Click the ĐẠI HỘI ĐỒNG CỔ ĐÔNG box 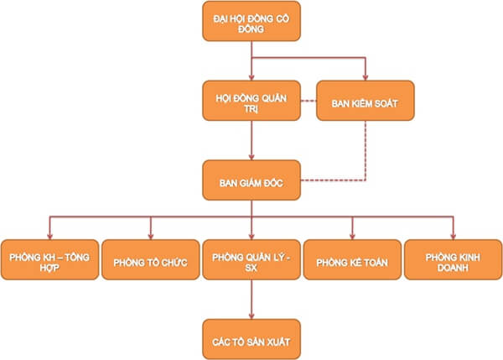pyautogui.click(x=251, y=21)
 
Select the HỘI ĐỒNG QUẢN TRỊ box pyautogui.click(x=251, y=102)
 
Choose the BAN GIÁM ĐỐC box pyautogui.click(x=251, y=180)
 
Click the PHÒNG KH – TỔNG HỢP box pyautogui.click(x=49, y=259)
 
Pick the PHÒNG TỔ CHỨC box pyautogui.click(x=150, y=260)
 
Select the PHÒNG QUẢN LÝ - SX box pyautogui.click(x=251, y=259)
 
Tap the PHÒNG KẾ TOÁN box pyautogui.click(x=352, y=260)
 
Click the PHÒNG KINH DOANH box pyautogui.click(x=454, y=259)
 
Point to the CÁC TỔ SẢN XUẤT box pyautogui.click(x=251, y=337)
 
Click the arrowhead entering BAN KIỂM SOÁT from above pyautogui.click(x=365, y=76)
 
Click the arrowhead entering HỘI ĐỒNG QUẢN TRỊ pyautogui.click(x=251, y=76)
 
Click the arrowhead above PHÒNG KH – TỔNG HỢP pyautogui.click(x=49, y=234)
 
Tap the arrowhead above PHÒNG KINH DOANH pyautogui.click(x=454, y=234)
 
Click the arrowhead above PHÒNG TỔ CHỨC pyautogui.click(x=150, y=234)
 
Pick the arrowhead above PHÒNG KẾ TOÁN pyautogui.click(x=352, y=234)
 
